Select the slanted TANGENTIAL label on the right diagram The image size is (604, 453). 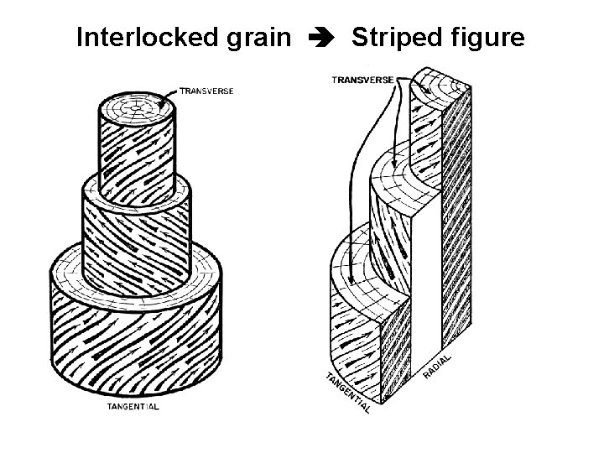pos(347,393)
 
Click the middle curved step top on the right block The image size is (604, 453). pos(394,176)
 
